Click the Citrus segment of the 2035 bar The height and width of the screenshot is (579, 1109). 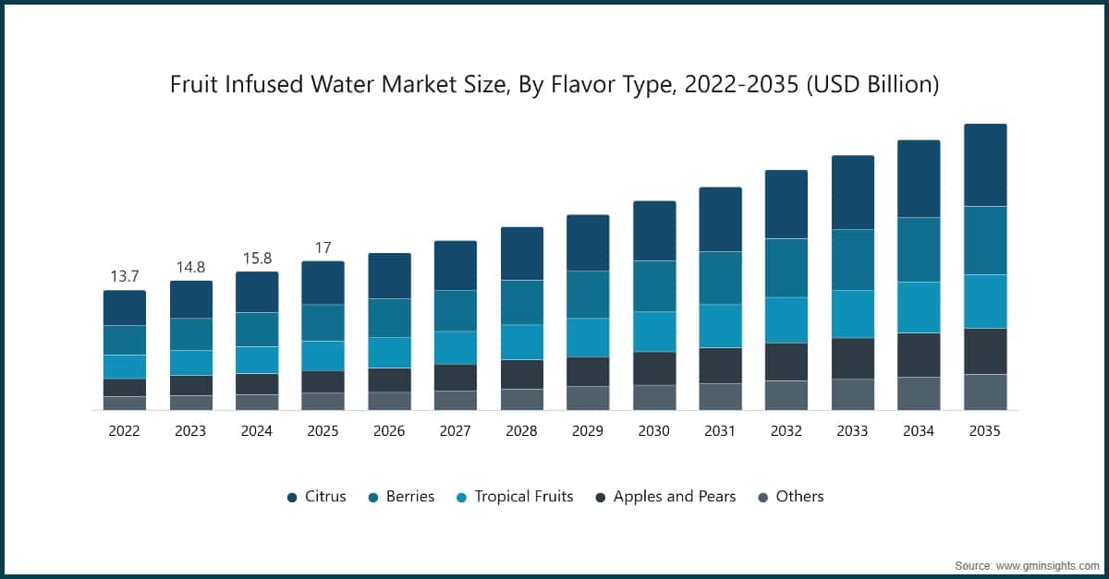click(985, 165)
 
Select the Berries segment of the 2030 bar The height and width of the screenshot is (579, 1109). click(654, 286)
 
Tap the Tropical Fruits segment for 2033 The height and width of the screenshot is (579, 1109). click(853, 314)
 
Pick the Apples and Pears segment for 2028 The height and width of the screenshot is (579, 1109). click(522, 374)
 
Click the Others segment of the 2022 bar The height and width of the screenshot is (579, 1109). click(125, 403)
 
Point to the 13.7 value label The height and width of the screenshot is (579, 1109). click(124, 276)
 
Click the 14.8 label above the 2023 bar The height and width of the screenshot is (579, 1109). click(190, 267)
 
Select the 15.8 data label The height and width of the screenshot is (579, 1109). click(257, 258)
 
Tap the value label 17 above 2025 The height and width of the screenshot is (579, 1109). click(323, 247)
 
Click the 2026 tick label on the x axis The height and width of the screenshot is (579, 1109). click(389, 430)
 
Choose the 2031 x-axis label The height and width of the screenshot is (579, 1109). click(720, 430)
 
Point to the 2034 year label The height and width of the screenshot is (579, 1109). click(919, 430)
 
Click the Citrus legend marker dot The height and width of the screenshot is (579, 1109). click(292, 497)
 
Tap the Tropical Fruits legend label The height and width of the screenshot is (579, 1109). click(523, 497)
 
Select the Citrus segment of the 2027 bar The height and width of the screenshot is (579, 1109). click(456, 266)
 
